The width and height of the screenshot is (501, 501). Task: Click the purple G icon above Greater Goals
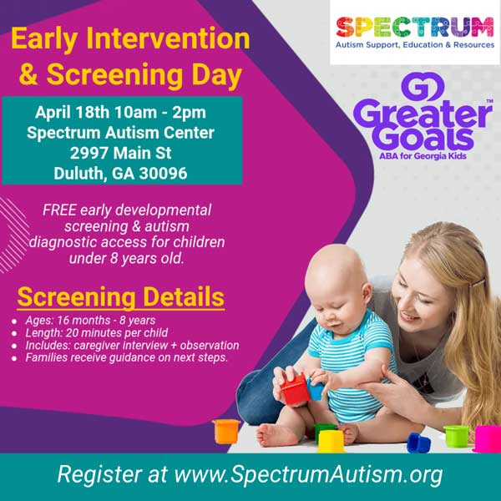[x=414, y=87]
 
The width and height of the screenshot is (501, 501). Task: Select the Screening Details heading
[x=120, y=297]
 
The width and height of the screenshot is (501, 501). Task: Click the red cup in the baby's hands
[x=295, y=388]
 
